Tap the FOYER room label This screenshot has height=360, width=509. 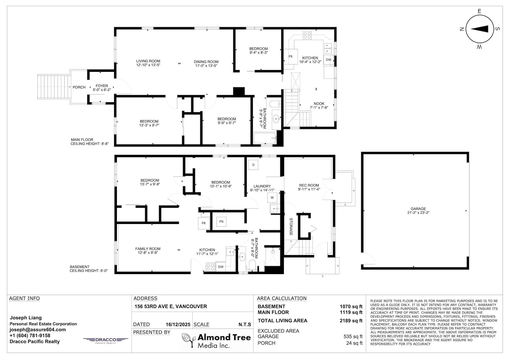(102, 86)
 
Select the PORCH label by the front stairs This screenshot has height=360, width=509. (79, 87)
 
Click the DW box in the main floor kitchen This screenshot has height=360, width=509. (328, 60)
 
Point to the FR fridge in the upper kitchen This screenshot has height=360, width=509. (291, 56)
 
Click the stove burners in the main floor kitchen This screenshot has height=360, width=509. (307, 35)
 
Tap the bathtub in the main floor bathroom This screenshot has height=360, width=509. (265, 138)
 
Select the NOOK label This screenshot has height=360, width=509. (319, 104)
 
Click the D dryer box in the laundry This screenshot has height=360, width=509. (253, 165)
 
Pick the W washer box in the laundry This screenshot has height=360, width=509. (272, 197)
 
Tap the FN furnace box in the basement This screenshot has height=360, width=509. (221, 222)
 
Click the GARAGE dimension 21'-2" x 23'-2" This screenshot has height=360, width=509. (418, 213)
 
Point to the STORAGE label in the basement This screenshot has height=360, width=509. (291, 227)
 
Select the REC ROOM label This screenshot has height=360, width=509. (309, 185)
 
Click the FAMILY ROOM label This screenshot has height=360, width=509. (148, 249)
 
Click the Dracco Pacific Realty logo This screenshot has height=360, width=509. (106, 340)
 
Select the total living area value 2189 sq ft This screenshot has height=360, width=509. (351, 321)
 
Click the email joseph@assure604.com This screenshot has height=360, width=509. (38, 330)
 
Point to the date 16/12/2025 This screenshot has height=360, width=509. (178, 324)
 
